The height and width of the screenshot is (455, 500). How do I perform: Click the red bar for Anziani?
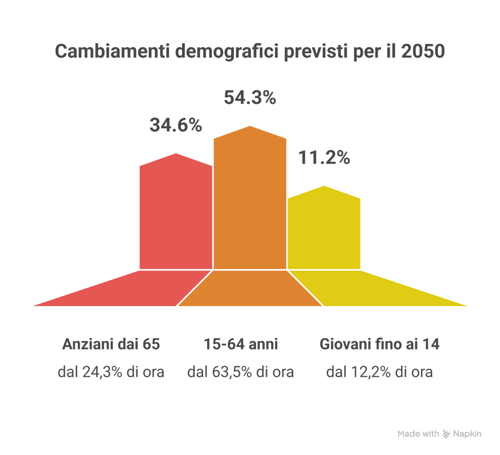click(x=176, y=215)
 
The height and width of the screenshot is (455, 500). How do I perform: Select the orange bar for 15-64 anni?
click(x=250, y=200)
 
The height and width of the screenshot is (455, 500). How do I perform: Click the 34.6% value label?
click(x=175, y=125)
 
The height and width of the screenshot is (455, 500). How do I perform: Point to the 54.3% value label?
click(x=250, y=98)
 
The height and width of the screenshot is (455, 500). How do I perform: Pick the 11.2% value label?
click(x=324, y=158)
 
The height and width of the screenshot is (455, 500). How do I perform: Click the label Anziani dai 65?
click(x=111, y=344)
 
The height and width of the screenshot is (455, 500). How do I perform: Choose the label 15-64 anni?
click(x=241, y=344)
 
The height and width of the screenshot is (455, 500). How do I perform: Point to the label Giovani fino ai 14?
click(x=379, y=344)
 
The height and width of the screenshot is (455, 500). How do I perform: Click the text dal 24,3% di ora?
click(x=111, y=372)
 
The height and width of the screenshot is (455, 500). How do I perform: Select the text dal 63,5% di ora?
click(x=241, y=372)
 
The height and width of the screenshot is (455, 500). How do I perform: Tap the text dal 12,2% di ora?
click(x=379, y=372)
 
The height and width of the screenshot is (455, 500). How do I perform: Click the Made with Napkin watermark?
click(x=439, y=434)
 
